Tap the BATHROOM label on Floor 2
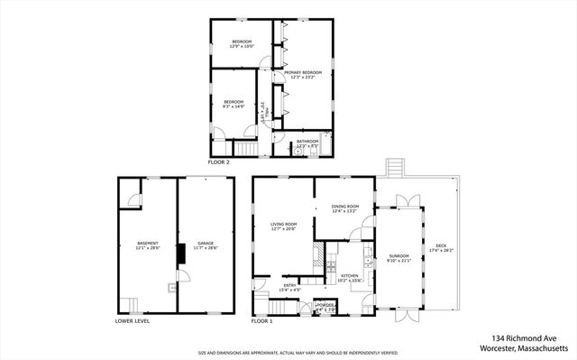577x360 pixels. [307, 143]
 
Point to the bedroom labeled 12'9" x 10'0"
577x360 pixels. [242, 44]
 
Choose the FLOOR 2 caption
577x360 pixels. [219, 162]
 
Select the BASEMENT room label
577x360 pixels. [148, 245]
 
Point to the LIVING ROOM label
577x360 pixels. [283, 226]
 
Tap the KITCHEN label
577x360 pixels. [349, 277]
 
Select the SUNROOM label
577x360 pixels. [398, 259]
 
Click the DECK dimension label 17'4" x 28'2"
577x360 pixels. [441, 250]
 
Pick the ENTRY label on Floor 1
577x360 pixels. [288, 288]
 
